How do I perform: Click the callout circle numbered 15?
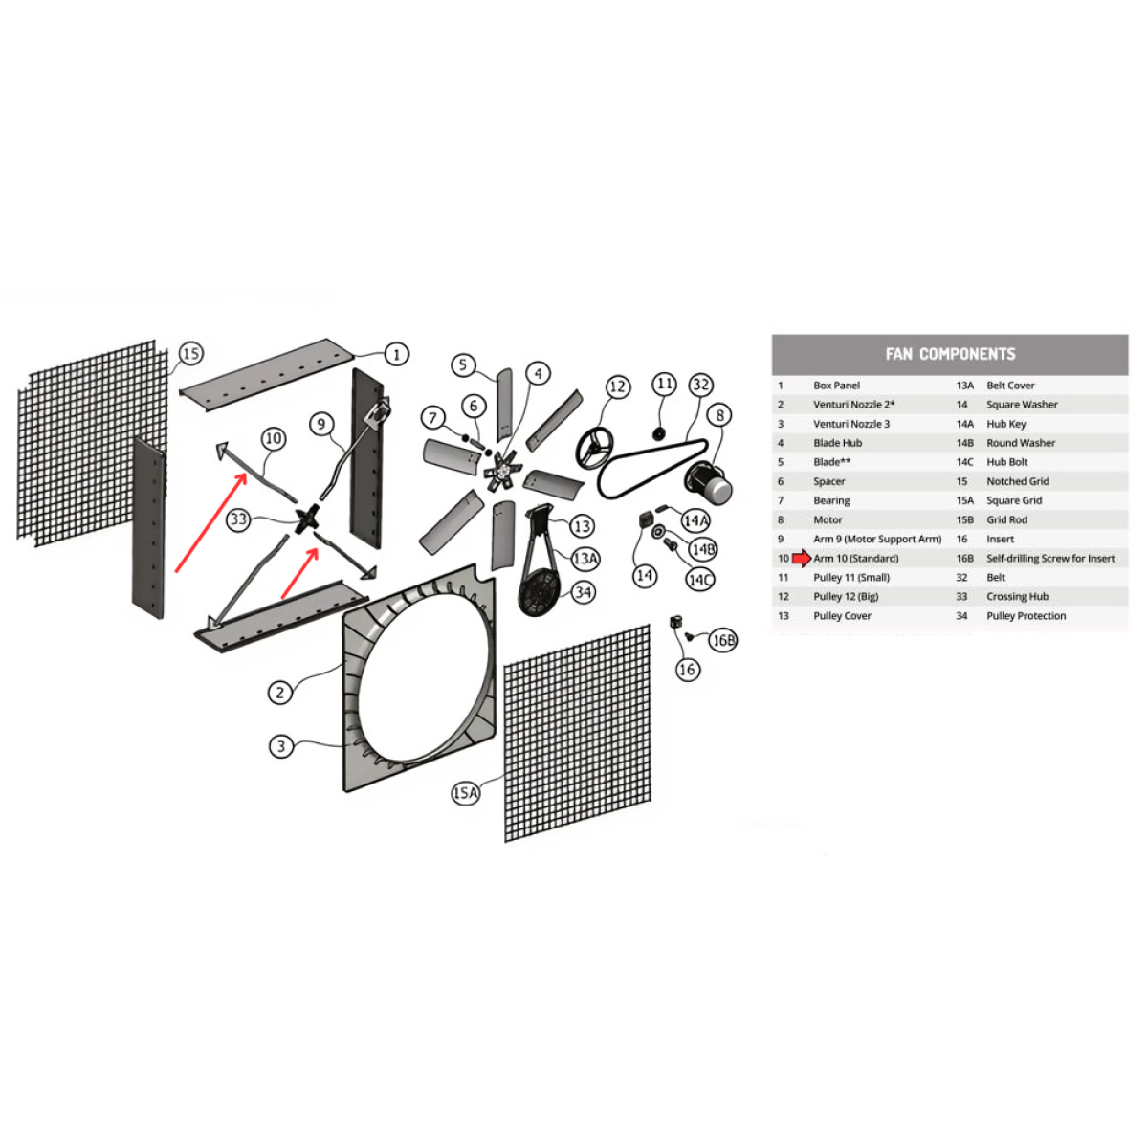[x=190, y=353]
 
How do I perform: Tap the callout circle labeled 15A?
[x=465, y=793]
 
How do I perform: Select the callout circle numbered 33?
[x=238, y=519]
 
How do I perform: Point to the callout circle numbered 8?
[x=719, y=415]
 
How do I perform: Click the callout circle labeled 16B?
[x=722, y=640]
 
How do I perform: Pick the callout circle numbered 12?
[x=618, y=387]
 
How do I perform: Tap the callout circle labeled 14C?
[x=700, y=580]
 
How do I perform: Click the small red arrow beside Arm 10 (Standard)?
[x=802, y=558]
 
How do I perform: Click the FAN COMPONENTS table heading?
[x=950, y=355]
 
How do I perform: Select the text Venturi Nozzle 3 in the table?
[x=851, y=424]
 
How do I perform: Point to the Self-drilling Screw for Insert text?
[x=1050, y=558]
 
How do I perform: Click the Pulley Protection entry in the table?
[x=1027, y=615]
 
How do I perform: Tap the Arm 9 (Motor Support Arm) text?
[x=877, y=540]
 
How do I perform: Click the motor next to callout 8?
[x=709, y=481]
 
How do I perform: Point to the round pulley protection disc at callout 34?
[x=541, y=592]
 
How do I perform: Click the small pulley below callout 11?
[x=659, y=433]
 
